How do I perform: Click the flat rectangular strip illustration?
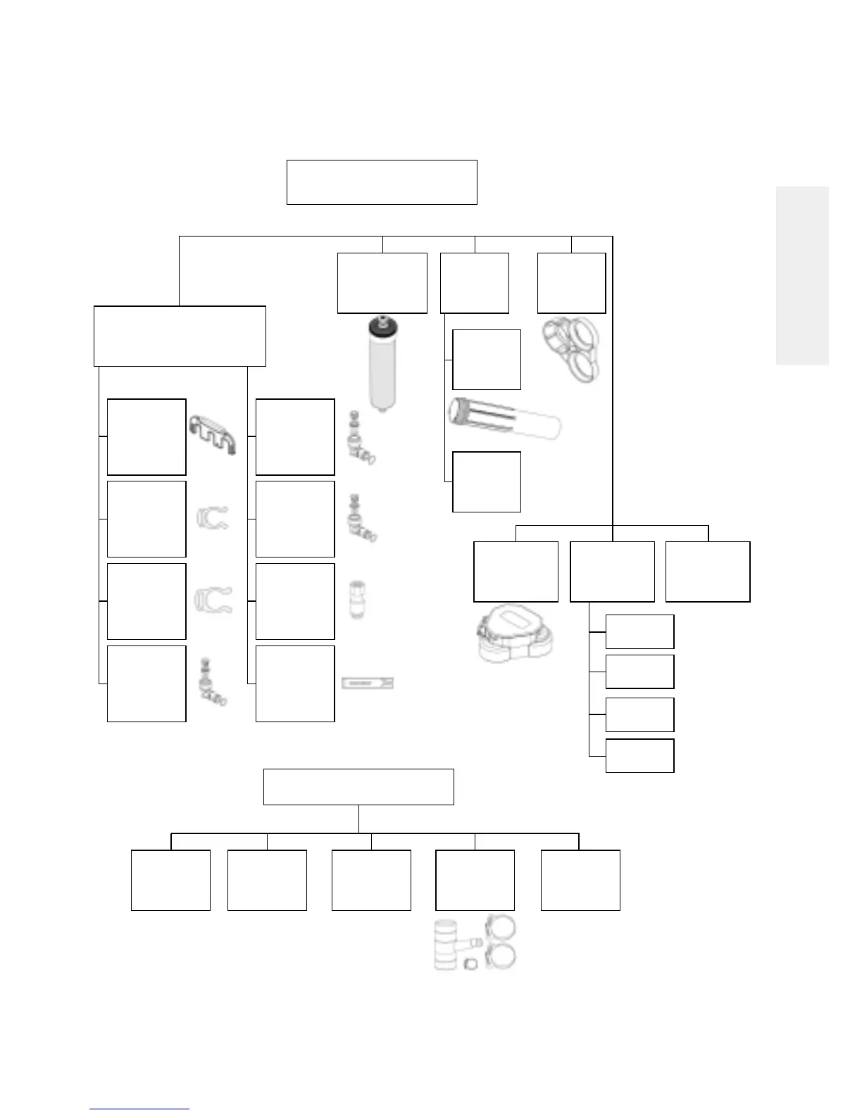point(367,683)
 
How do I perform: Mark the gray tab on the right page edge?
point(802,275)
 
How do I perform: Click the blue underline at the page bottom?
point(139,1109)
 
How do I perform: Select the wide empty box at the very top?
point(382,182)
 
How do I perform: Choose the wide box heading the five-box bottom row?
point(358,787)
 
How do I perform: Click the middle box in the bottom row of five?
point(371,880)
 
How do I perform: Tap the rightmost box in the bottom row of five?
point(580,880)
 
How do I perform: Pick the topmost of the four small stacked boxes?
point(639,631)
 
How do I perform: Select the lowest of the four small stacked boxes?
point(639,755)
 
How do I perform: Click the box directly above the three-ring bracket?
point(571,283)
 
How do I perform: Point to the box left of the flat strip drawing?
point(295,684)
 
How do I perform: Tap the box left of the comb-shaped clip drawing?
point(146,437)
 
